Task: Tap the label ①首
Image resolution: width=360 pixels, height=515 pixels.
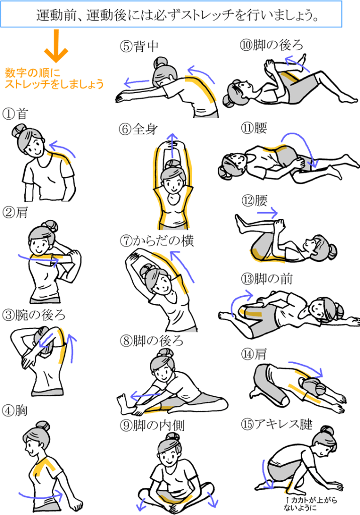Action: coord(15,114)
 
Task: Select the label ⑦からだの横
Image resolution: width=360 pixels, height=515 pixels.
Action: coord(157,241)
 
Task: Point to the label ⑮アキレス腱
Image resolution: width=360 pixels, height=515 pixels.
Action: coord(277,424)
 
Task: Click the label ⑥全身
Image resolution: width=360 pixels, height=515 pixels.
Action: coord(138,129)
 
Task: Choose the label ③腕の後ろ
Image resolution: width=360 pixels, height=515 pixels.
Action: coord(34,315)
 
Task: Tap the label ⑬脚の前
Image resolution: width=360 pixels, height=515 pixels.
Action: coord(266,279)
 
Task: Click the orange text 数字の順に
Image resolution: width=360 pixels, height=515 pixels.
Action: coord(33,72)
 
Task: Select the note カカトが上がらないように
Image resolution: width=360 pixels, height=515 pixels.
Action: coord(311,503)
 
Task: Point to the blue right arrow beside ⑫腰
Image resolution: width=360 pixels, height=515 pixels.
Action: coord(267,213)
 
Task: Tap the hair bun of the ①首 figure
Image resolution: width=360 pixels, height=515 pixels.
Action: coord(19,131)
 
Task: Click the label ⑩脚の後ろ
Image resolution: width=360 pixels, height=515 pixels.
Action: coord(272,45)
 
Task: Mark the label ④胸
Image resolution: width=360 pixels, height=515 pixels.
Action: coord(15,410)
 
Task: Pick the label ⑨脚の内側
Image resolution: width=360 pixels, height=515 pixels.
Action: coord(152,425)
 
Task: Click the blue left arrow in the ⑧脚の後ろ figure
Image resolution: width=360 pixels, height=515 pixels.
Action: coord(145,395)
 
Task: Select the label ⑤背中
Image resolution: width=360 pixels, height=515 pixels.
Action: coord(139,46)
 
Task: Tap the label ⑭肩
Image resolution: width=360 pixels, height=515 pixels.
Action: coord(254,354)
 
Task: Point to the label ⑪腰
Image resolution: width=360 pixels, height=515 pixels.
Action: coord(254,128)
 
